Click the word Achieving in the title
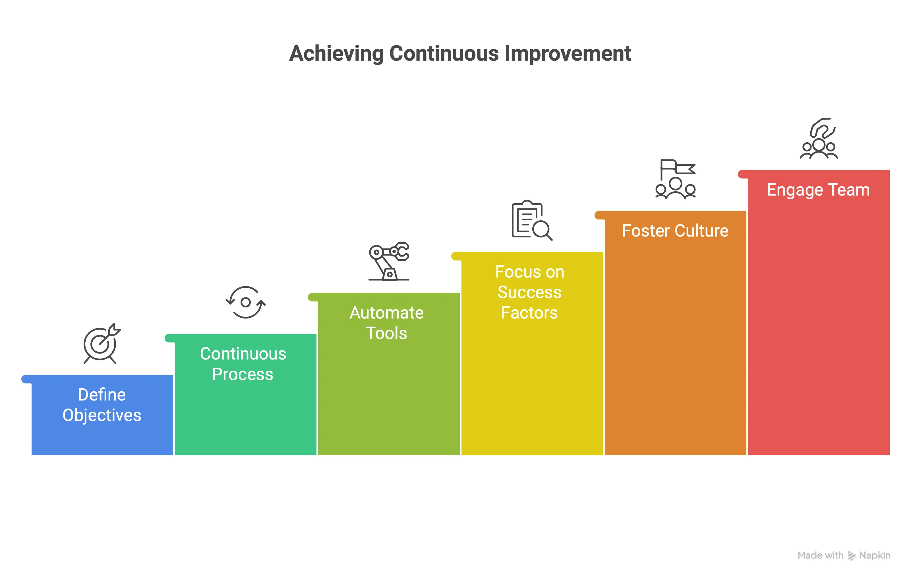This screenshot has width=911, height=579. coord(336,54)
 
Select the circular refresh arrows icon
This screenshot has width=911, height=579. coord(246,302)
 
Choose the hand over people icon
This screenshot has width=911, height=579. coord(819,139)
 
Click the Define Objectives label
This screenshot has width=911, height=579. coord(102,405)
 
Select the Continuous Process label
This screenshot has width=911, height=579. coord(243,364)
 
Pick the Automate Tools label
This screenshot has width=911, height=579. coord(386,323)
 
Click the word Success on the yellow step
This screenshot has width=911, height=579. coord(529,292)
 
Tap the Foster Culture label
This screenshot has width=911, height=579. coord(675,231)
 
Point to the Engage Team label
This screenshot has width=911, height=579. coord(818,190)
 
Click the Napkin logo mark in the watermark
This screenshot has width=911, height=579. coord(851,556)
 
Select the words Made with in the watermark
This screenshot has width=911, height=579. coord(820,556)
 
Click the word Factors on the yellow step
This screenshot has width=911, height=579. coord(529,313)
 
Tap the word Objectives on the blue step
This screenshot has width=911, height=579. coord(102,415)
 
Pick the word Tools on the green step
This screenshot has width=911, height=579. coord(386,333)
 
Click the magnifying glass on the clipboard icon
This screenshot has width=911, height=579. coord(542,230)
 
